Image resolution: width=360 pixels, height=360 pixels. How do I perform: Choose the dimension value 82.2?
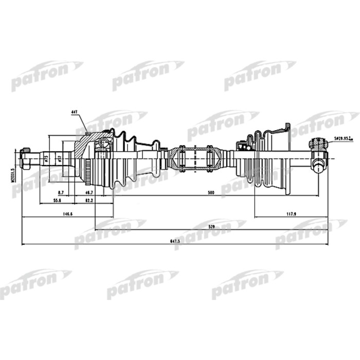pyautogui.click(x=88, y=200)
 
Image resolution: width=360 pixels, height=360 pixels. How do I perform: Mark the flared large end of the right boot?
pyautogui.click(x=280, y=159)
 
